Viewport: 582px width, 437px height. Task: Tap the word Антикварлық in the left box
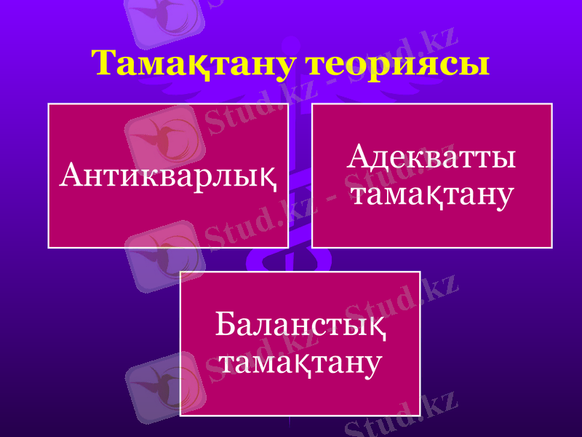[x=170, y=175]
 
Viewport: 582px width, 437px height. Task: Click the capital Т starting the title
[x=106, y=63]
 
